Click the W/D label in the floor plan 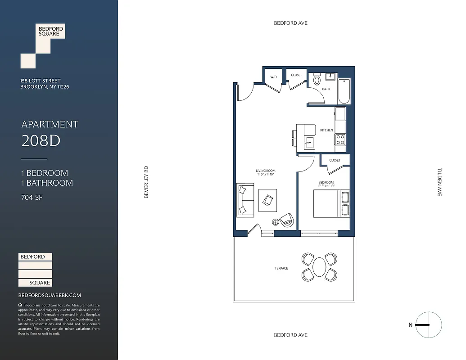point(273,77)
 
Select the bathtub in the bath point(345,91)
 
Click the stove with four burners point(340,139)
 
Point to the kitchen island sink point(309,144)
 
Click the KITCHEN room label point(326,130)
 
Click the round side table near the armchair point(276,221)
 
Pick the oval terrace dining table point(319,267)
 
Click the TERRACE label point(281,269)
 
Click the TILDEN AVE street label point(440,182)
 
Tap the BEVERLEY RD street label point(146,182)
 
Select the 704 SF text point(32,197)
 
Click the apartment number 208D point(41,141)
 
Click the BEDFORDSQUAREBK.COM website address point(50,295)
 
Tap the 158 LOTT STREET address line point(41,81)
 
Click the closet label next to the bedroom point(335,160)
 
